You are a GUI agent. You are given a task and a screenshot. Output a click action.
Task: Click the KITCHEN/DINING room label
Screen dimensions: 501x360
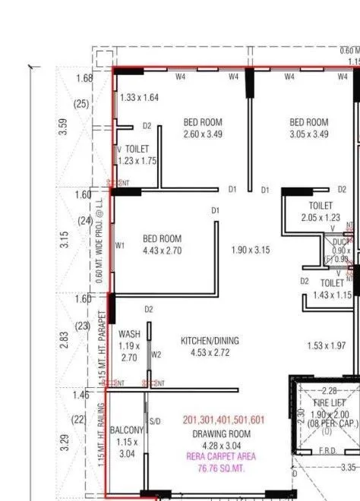pyautogui.click(x=209, y=342)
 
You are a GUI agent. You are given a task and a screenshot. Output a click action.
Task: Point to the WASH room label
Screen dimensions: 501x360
pyautogui.click(x=129, y=334)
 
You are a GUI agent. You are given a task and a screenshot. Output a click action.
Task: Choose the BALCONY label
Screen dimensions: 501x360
pyautogui.click(x=127, y=430)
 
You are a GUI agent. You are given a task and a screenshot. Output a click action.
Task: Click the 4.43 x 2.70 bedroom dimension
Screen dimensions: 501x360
pyautogui.click(x=162, y=250)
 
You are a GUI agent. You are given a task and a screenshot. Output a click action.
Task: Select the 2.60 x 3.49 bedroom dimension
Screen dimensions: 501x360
pyautogui.click(x=203, y=134)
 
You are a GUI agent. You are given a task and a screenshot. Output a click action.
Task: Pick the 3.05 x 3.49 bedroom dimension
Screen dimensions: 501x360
pyautogui.click(x=308, y=134)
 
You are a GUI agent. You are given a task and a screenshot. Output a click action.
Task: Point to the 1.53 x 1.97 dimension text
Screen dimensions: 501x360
pyautogui.click(x=327, y=346)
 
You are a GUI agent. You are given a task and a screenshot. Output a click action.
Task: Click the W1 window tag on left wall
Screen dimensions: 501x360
pyautogui.click(x=120, y=246)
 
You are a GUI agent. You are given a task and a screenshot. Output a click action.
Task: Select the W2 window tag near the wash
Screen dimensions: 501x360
pyautogui.click(x=156, y=354)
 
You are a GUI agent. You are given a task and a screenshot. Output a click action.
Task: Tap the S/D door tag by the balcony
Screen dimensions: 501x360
pyautogui.click(x=154, y=421)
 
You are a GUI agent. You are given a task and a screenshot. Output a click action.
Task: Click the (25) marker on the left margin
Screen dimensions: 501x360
pyautogui.click(x=81, y=103)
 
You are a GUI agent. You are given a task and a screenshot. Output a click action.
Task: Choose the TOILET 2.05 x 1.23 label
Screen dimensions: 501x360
pyautogui.click(x=321, y=212)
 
